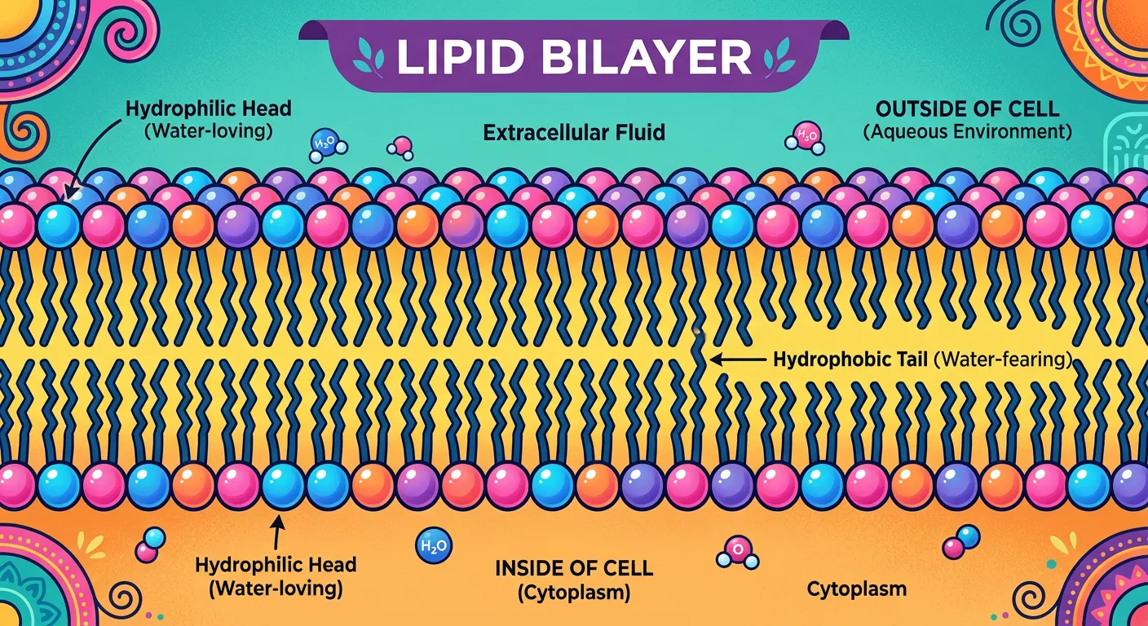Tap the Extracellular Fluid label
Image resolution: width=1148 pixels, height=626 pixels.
[574, 132]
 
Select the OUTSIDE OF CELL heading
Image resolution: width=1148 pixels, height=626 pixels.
[966, 108]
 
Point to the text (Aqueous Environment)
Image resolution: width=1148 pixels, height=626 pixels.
[966, 131]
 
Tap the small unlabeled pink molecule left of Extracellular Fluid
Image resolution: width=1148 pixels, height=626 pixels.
[400, 147]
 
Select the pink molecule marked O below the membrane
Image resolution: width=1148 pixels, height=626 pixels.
[736, 552]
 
